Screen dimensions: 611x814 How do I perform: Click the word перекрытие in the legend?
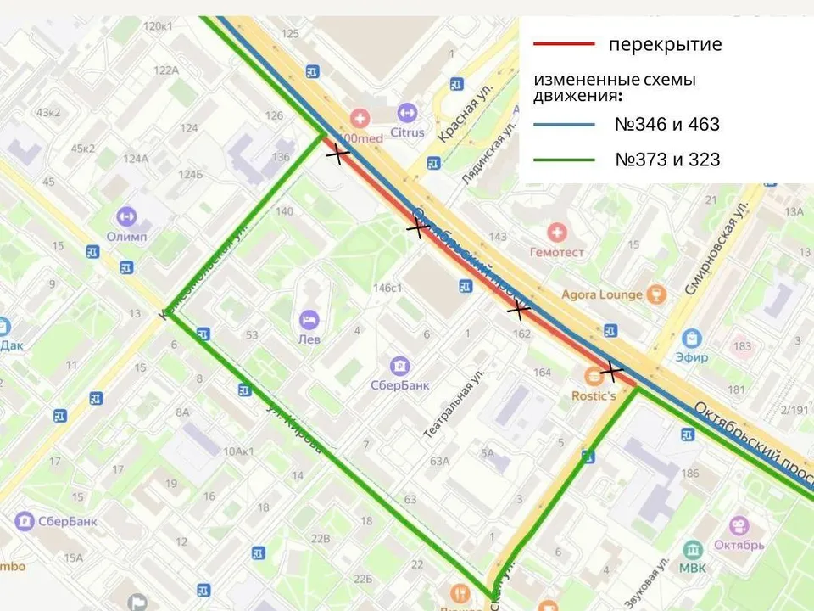tap(665, 44)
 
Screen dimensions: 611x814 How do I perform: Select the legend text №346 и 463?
tap(666, 124)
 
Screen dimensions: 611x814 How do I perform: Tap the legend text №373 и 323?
tap(667, 159)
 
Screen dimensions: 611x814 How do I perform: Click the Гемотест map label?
tap(556, 252)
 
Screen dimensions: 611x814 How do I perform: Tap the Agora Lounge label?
tap(601, 294)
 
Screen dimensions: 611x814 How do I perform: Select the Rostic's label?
tap(594, 395)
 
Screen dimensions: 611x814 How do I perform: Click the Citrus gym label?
tap(407, 133)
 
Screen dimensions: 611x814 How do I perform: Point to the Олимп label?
tap(126, 236)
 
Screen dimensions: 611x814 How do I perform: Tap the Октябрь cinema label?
tap(739, 543)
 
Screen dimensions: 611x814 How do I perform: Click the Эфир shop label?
tap(691, 357)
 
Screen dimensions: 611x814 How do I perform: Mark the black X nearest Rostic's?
tap(610, 371)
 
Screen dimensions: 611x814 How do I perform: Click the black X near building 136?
tap(338, 154)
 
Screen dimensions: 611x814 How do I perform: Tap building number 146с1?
tap(387, 288)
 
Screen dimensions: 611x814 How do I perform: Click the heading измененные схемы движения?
tap(615, 87)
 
